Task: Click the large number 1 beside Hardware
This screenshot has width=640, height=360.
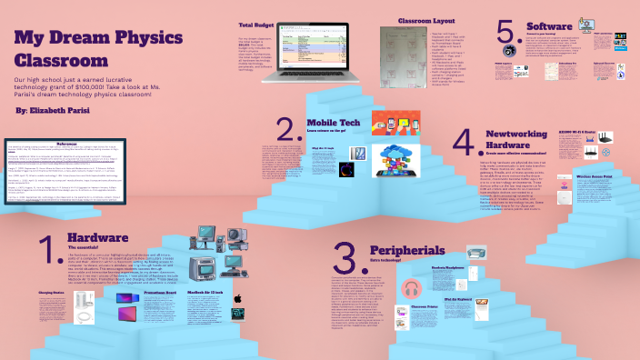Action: click(x=45, y=252)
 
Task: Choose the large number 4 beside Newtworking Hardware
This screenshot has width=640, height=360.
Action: click(x=463, y=145)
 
